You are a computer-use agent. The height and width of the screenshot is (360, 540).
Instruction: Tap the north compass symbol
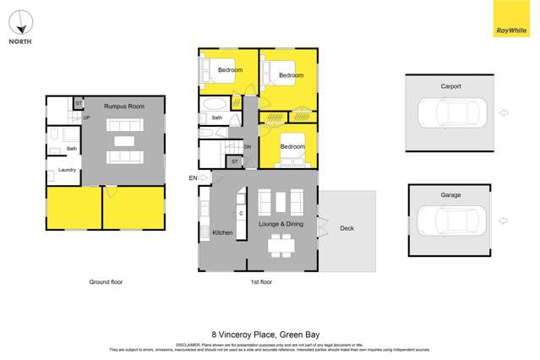tap(21, 22)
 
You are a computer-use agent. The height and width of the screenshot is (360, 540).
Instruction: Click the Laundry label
tap(68, 171)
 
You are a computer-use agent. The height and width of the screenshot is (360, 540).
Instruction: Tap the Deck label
tap(346, 228)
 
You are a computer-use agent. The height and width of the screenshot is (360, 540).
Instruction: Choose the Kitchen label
tap(222, 232)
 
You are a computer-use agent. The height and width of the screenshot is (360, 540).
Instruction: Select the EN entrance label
tap(193, 177)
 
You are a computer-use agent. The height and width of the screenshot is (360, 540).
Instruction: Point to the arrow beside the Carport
tap(505, 112)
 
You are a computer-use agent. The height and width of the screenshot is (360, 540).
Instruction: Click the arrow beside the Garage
tap(505, 221)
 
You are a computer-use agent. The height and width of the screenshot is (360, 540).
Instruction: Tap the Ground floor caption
tap(106, 281)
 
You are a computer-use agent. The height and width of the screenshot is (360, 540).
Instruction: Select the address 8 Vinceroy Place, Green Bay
tap(270, 334)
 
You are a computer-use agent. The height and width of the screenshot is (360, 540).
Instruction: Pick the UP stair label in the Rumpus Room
tap(86, 117)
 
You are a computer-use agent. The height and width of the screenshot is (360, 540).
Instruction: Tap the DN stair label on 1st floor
tap(248, 147)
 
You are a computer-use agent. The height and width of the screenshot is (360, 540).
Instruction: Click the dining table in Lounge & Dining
tap(280, 246)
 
